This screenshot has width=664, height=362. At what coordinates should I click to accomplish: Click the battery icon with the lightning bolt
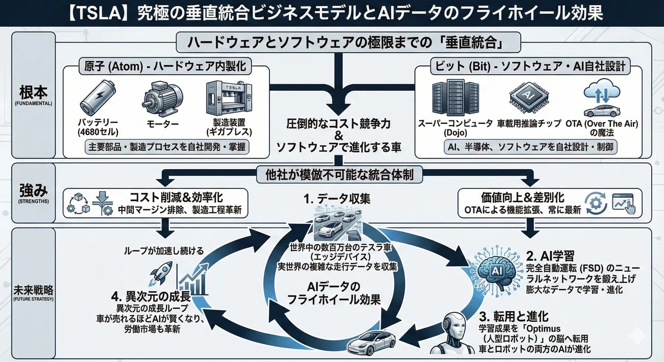(98, 97)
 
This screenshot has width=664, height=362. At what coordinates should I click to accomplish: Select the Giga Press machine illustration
(229, 98)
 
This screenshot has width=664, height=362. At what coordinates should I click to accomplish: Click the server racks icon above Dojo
(455, 98)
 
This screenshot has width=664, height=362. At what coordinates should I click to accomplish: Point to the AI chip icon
(529, 96)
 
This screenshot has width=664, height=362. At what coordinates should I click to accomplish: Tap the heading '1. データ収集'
(337, 199)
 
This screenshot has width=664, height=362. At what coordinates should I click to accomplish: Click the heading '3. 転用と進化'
(513, 317)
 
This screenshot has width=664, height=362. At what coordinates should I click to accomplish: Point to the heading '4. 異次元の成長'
(151, 296)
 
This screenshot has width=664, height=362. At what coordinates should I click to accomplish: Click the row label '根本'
(33, 92)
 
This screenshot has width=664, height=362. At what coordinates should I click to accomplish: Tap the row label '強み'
(33, 190)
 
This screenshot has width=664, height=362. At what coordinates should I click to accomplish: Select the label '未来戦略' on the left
(33, 290)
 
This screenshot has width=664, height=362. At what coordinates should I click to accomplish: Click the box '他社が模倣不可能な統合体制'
(339, 175)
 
